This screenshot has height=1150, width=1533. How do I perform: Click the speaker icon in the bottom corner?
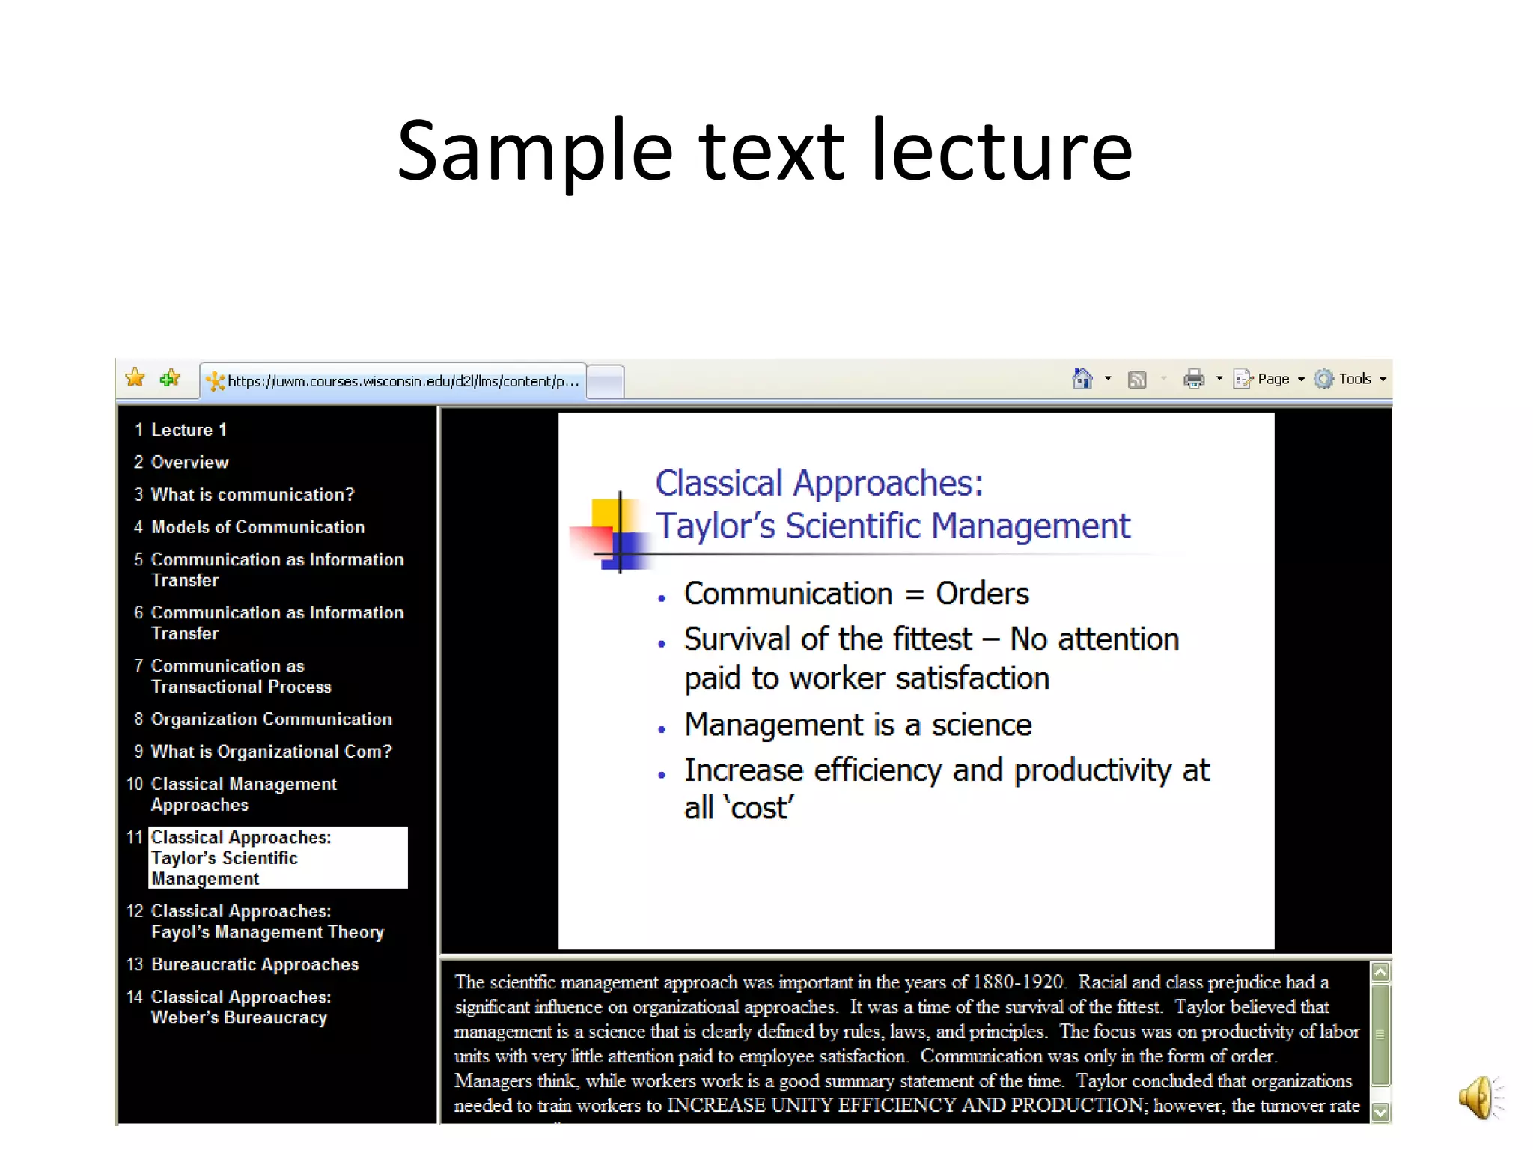click(1478, 1098)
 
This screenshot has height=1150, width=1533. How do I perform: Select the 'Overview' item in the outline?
click(189, 462)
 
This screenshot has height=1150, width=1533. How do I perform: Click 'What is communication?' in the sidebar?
click(252, 494)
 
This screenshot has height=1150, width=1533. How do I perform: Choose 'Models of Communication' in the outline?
click(257, 527)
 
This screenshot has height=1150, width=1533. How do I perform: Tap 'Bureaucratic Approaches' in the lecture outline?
click(255, 964)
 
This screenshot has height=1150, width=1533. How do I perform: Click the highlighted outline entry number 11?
click(278, 858)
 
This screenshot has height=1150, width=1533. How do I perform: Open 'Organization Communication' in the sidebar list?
click(271, 719)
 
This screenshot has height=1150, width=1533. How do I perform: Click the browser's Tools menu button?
click(1351, 379)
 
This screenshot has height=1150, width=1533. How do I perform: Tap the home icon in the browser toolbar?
click(1082, 379)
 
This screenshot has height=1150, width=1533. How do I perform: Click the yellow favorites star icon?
click(135, 378)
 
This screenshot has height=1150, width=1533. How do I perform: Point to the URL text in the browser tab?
click(403, 381)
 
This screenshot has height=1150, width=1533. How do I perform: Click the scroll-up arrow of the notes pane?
click(1380, 973)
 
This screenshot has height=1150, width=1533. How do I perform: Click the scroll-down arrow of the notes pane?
click(1380, 1112)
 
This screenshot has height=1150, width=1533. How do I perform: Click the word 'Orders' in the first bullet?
click(982, 594)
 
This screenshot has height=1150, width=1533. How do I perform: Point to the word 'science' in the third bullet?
click(981, 725)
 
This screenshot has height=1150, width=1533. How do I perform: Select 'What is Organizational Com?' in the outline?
click(271, 751)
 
